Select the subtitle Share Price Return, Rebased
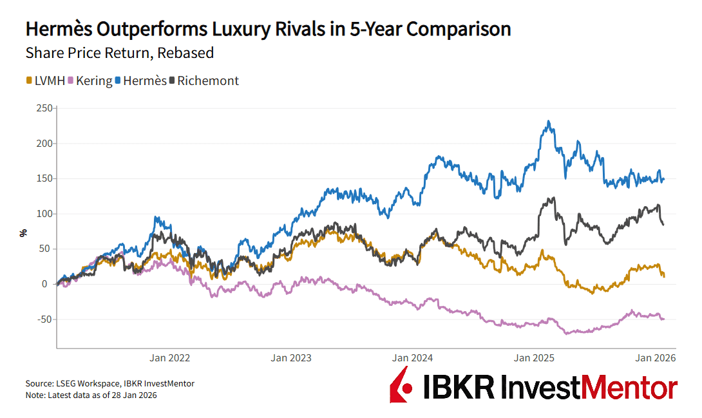(119, 53)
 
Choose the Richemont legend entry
(204, 81)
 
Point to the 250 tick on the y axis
(43, 108)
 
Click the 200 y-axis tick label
(43, 143)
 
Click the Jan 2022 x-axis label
(170, 357)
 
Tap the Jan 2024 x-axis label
(413, 357)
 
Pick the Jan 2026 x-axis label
(656, 357)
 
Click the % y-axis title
(24, 233)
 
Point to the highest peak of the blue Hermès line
(548, 121)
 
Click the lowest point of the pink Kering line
(567, 334)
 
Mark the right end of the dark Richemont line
(663, 224)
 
